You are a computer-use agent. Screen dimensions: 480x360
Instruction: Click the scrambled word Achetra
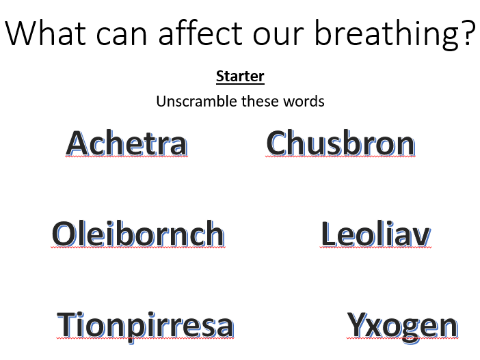pyautogui.click(x=126, y=143)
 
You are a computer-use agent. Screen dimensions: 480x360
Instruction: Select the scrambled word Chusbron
pyautogui.click(x=341, y=143)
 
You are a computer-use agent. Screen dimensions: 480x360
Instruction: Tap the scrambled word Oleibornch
pyautogui.click(x=138, y=234)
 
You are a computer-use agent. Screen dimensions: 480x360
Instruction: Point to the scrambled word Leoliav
pyautogui.click(x=376, y=234)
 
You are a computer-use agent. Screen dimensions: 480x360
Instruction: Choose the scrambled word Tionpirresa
pyautogui.click(x=146, y=326)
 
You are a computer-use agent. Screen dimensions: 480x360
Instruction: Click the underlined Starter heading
pyautogui.click(x=240, y=76)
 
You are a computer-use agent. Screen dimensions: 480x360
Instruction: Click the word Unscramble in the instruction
pyautogui.click(x=197, y=101)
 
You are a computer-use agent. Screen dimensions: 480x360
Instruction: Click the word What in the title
pyautogui.click(x=45, y=33)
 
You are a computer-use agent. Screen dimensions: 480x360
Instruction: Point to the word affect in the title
pyautogui.click(x=201, y=32)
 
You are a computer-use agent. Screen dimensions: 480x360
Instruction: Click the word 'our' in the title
pyautogui.click(x=278, y=36)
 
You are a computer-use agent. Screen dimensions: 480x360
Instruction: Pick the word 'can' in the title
pyautogui.click(x=122, y=36)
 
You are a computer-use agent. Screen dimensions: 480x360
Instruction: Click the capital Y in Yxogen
pyautogui.click(x=357, y=324)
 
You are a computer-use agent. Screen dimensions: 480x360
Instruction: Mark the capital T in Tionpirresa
pyautogui.click(x=66, y=324)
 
